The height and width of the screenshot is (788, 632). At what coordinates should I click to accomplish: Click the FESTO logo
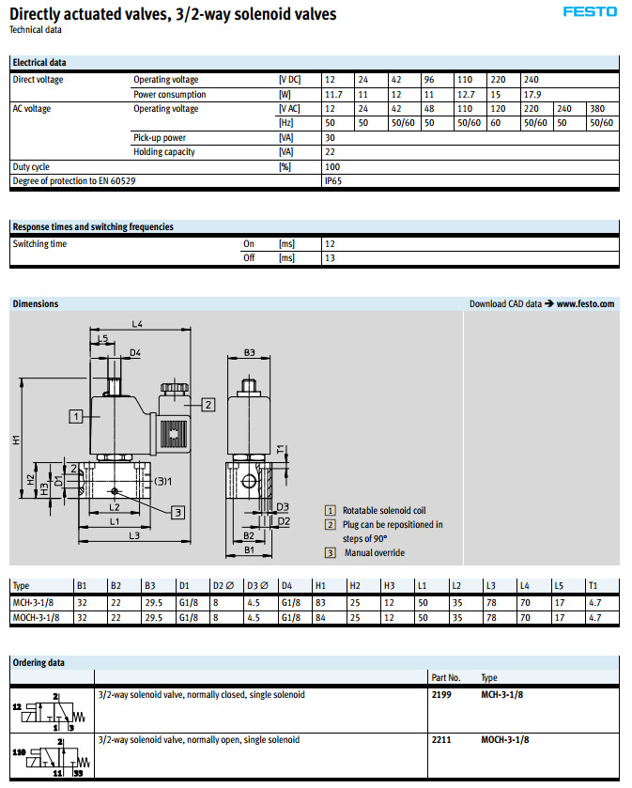[x=590, y=12]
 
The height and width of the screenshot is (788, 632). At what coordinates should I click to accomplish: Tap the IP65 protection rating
[x=333, y=180]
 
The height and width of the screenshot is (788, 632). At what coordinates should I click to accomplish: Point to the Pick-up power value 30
[x=330, y=137]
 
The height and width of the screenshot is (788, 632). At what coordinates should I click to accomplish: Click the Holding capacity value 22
[x=330, y=151]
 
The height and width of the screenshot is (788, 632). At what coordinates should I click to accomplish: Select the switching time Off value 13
[x=330, y=257]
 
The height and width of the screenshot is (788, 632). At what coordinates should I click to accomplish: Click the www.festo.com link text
[x=585, y=304]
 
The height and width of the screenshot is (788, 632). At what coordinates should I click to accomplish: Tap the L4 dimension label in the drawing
[x=136, y=324]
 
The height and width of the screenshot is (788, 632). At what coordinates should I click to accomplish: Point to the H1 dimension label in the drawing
[x=17, y=439]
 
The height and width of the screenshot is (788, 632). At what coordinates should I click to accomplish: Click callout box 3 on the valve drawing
[x=178, y=512]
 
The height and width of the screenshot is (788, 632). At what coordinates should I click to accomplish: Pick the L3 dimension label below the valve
[x=133, y=535]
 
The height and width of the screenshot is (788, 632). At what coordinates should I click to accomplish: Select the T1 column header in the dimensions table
[x=591, y=585]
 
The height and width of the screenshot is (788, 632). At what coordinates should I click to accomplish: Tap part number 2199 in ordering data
[x=441, y=695]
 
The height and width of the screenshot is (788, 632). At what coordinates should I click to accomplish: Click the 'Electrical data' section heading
[x=39, y=63]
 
